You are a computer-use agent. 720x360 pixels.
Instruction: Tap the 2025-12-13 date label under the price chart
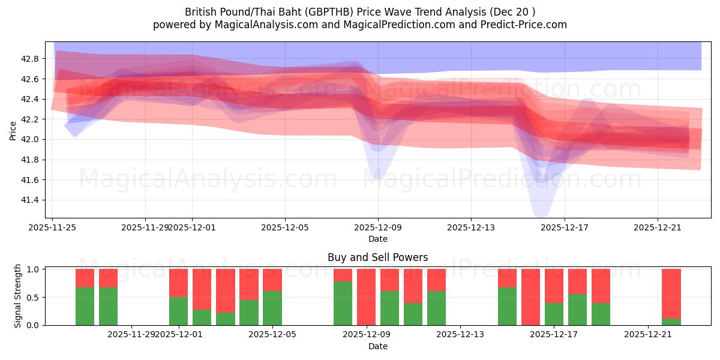pyautogui.click(x=470, y=227)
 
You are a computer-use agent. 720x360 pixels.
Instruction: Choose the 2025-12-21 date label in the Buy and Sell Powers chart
pyautogui.click(x=647, y=335)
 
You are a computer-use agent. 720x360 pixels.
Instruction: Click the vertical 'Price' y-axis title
pyautogui.click(x=13, y=130)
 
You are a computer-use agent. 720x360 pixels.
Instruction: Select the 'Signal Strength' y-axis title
pyautogui.click(x=18, y=296)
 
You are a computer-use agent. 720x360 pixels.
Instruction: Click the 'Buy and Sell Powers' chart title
pyautogui.click(x=377, y=257)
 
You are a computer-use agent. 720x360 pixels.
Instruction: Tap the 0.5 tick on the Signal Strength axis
pyautogui.click(x=34, y=297)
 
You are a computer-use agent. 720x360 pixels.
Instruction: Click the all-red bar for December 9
pyautogui.click(x=366, y=297)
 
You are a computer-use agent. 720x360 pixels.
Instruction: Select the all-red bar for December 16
pyautogui.click(x=530, y=297)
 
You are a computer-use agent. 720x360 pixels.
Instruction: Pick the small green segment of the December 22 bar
pyautogui.click(x=671, y=322)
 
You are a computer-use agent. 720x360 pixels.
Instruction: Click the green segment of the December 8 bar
pyautogui.click(x=343, y=303)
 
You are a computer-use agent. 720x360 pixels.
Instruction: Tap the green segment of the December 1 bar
pyautogui.click(x=178, y=311)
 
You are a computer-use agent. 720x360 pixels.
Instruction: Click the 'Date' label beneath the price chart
pyautogui.click(x=377, y=239)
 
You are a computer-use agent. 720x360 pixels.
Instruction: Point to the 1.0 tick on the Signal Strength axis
pyautogui.click(x=34, y=269)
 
